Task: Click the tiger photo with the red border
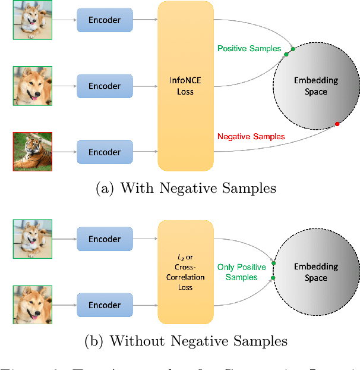(33, 152)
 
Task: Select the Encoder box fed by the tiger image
(105, 152)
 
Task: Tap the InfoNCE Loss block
(185, 86)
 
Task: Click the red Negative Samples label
(251, 136)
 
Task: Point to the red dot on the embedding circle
(337, 124)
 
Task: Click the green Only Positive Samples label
(242, 272)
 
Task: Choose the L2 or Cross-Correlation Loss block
(185, 272)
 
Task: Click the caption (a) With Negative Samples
(185, 189)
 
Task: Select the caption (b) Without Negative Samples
(185, 341)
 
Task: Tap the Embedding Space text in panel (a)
(315, 86)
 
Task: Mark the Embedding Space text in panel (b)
(315, 272)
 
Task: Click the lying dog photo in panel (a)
(33, 20)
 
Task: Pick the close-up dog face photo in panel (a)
(33, 86)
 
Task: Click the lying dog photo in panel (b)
(33, 239)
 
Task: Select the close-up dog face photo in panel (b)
(33, 305)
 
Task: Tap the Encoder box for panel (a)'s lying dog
(105, 20)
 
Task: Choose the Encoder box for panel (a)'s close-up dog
(105, 86)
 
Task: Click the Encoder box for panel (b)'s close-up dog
(105, 305)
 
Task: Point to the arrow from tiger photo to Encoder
(64, 152)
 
